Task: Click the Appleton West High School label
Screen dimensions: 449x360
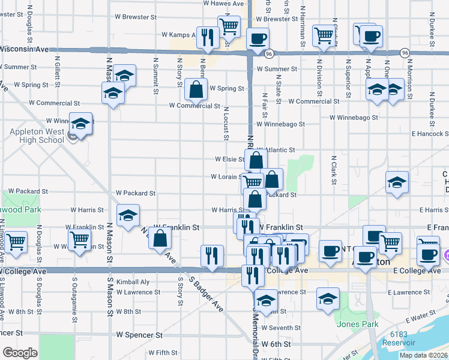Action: (x=36, y=136)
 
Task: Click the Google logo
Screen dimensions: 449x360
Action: (x=20, y=353)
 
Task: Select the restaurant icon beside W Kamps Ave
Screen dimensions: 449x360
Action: (x=208, y=37)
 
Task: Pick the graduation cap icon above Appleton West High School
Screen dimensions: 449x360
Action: (x=80, y=124)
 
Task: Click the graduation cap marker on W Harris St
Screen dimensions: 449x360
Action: (x=127, y=215)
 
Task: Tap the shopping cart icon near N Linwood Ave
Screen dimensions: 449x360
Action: (x=16, y=241)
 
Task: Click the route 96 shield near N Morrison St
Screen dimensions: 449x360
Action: (x=406, y=53)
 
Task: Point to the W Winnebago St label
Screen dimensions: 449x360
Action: (x=280, y=124)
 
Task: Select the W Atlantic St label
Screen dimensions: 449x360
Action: (x=276, y=150)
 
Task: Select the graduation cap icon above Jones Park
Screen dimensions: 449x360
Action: (x=328, y=298)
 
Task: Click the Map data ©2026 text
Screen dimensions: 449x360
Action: (x=423, y=355)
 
